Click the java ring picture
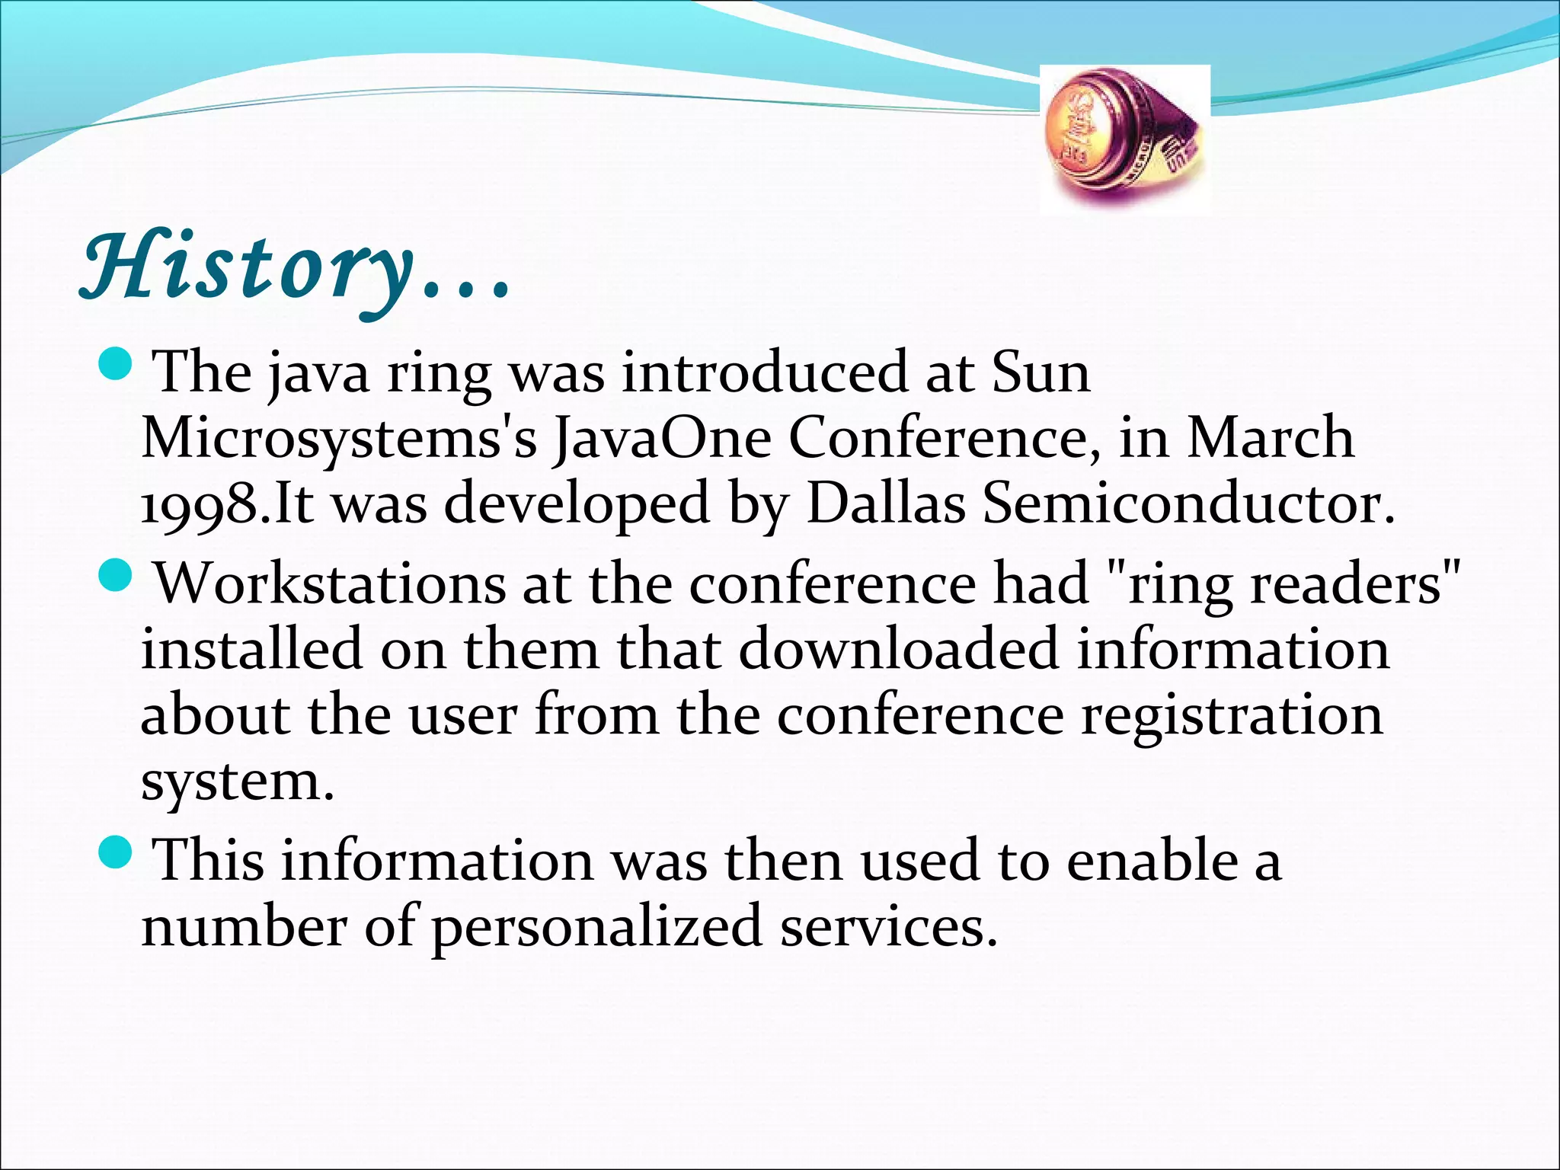click(1125, 139)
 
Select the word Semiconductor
click(1189, 504)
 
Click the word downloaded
click(899, 650)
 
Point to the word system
click(237, 782)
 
